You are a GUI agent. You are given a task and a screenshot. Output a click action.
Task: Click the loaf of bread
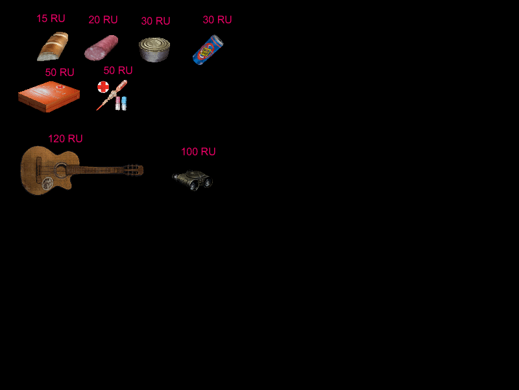[53, 46]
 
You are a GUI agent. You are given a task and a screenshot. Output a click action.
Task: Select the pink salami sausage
[101, 47]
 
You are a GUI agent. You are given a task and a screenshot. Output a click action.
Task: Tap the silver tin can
[154, 50]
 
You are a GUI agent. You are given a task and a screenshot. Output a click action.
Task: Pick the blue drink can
[208, 50]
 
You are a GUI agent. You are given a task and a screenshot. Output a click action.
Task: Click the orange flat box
[49, 96]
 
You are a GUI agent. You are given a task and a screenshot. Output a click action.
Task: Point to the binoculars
[192, 181]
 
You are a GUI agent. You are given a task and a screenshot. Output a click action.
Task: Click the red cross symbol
[103, 87]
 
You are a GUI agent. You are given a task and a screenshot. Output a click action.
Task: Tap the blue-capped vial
[124, 103]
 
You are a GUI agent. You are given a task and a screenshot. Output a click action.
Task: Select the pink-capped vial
[118, 103]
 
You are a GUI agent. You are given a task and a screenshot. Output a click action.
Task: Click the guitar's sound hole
[61, 171]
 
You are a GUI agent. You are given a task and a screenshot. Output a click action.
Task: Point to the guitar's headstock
[134, 170]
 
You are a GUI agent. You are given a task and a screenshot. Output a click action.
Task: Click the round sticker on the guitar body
[47, 183]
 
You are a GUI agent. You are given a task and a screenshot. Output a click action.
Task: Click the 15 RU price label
[51, 18]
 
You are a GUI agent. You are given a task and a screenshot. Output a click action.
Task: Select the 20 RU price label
[103, 19]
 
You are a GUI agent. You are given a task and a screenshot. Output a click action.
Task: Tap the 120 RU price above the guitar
[66, 138]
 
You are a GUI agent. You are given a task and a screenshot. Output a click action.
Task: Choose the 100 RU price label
[199, 151]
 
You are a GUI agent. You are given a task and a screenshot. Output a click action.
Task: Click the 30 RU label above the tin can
[156, 21]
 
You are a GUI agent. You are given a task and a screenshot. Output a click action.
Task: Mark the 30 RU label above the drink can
[217, 19]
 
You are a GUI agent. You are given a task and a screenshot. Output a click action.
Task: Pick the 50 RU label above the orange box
[60, 72]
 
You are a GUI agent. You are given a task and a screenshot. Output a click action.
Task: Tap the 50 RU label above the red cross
[118, 70]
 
